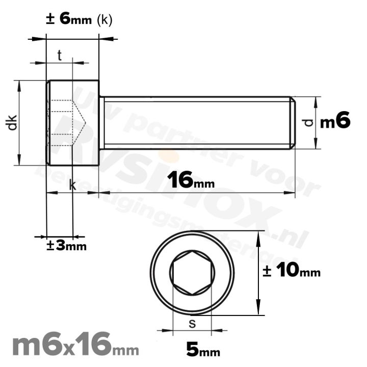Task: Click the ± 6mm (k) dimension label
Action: [x=79, y=19]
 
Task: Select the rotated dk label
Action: [x=13, y=123]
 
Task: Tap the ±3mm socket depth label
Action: [x=66, y=246]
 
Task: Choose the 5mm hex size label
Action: [x=203, y=350]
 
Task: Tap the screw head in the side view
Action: [x=72, y=122]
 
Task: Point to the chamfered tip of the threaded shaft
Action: [x=293, y=123]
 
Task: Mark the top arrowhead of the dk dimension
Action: [x=19, y=83]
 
